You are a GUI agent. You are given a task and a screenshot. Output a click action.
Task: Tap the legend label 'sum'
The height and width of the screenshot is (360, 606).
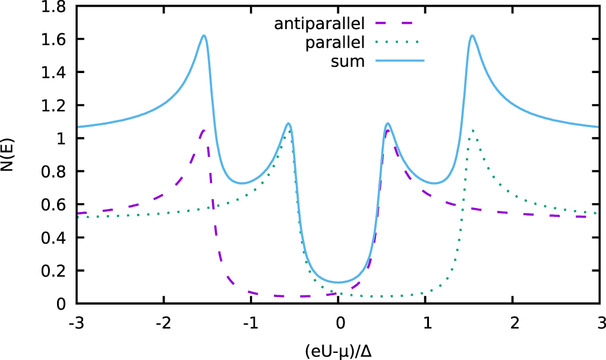(x=348, y=61)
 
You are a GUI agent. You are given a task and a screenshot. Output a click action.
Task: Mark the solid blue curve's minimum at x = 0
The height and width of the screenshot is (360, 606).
(x=338, y=282)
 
